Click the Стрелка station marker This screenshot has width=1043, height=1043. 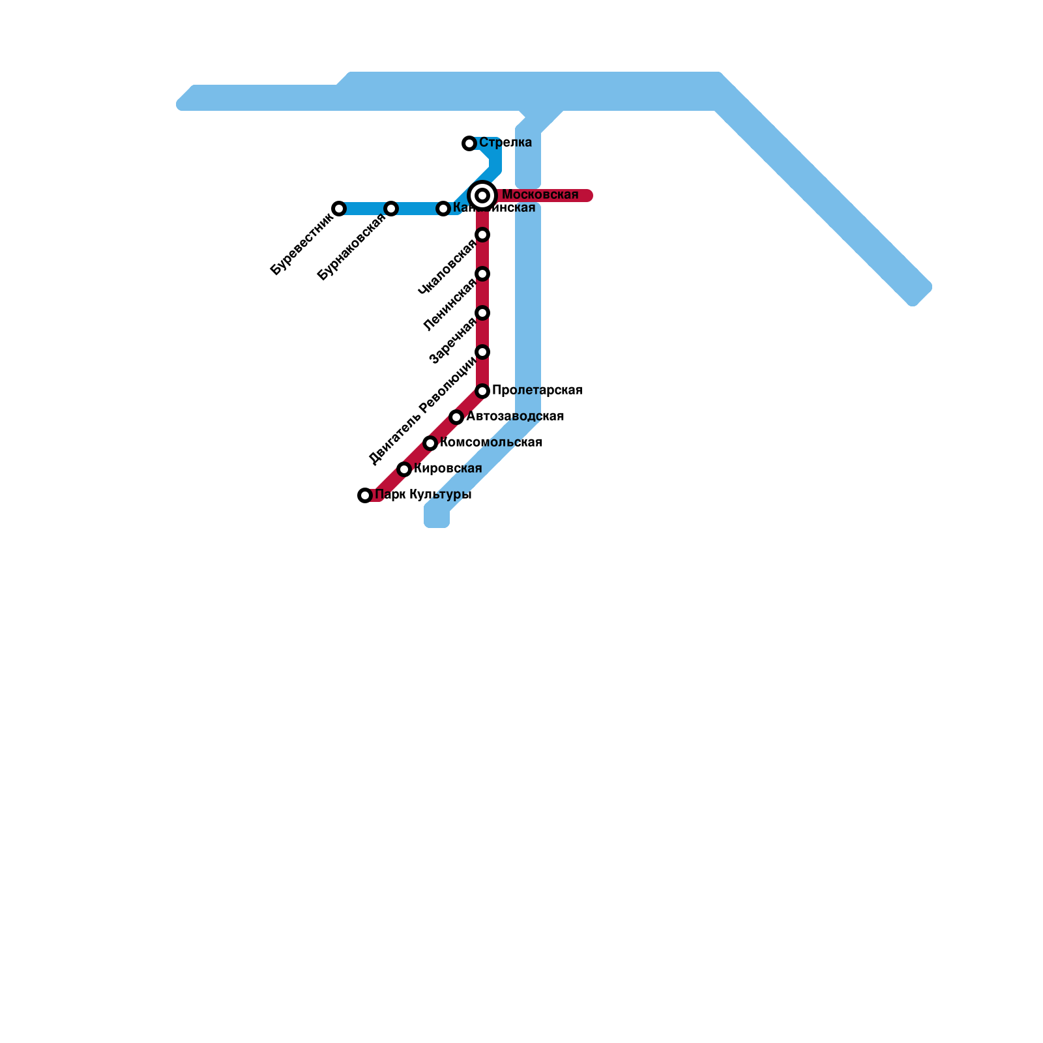coord(469,143)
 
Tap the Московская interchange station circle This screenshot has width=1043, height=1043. coord(482,196)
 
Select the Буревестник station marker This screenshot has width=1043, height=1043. coord(339,209)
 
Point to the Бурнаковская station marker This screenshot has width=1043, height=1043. coord(391,209)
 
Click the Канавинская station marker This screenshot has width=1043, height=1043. coord(443,209)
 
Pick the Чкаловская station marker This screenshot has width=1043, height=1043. coord(482,235)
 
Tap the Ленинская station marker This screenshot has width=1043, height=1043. coord(482,274)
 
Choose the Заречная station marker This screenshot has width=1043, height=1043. coord(482,313)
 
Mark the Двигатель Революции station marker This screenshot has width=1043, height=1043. coord(482,352)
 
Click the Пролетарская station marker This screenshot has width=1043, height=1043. coord(482,391)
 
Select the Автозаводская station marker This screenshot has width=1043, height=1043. coord(456,417)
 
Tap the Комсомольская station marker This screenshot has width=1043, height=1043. coord(430,443)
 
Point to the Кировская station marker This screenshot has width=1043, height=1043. coord(404,469)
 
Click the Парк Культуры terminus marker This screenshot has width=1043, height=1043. coord(365,495)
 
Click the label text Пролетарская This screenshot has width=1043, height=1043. coord(537,390)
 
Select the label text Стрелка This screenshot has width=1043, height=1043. coord(505,143)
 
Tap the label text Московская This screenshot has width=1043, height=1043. coord(540,195)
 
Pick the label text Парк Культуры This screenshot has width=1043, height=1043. coord(423,495)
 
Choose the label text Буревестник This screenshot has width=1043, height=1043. coord(301,244)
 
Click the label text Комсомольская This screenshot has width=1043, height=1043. coord(491,443)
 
